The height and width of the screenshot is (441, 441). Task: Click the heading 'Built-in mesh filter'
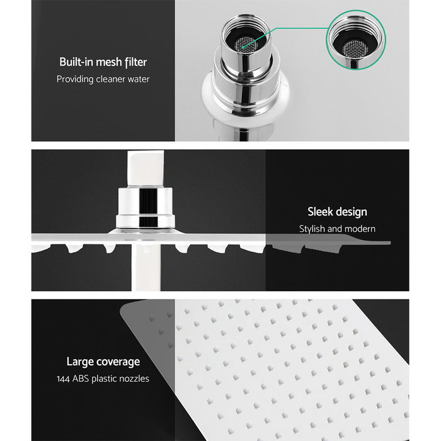click(103, 62)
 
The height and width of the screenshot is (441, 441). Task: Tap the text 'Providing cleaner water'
click(103, 79)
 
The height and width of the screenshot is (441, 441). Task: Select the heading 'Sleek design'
click(337, 212)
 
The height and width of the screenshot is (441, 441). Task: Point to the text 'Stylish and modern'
click(337, 229)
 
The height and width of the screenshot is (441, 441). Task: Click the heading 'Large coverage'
click(103, 362)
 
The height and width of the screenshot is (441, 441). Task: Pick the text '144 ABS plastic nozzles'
click(103, 379)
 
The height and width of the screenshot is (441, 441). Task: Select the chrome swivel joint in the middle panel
click(146, 207)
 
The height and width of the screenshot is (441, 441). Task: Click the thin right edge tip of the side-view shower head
click(387, 243)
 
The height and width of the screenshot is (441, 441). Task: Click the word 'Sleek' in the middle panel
click(321, 212)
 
